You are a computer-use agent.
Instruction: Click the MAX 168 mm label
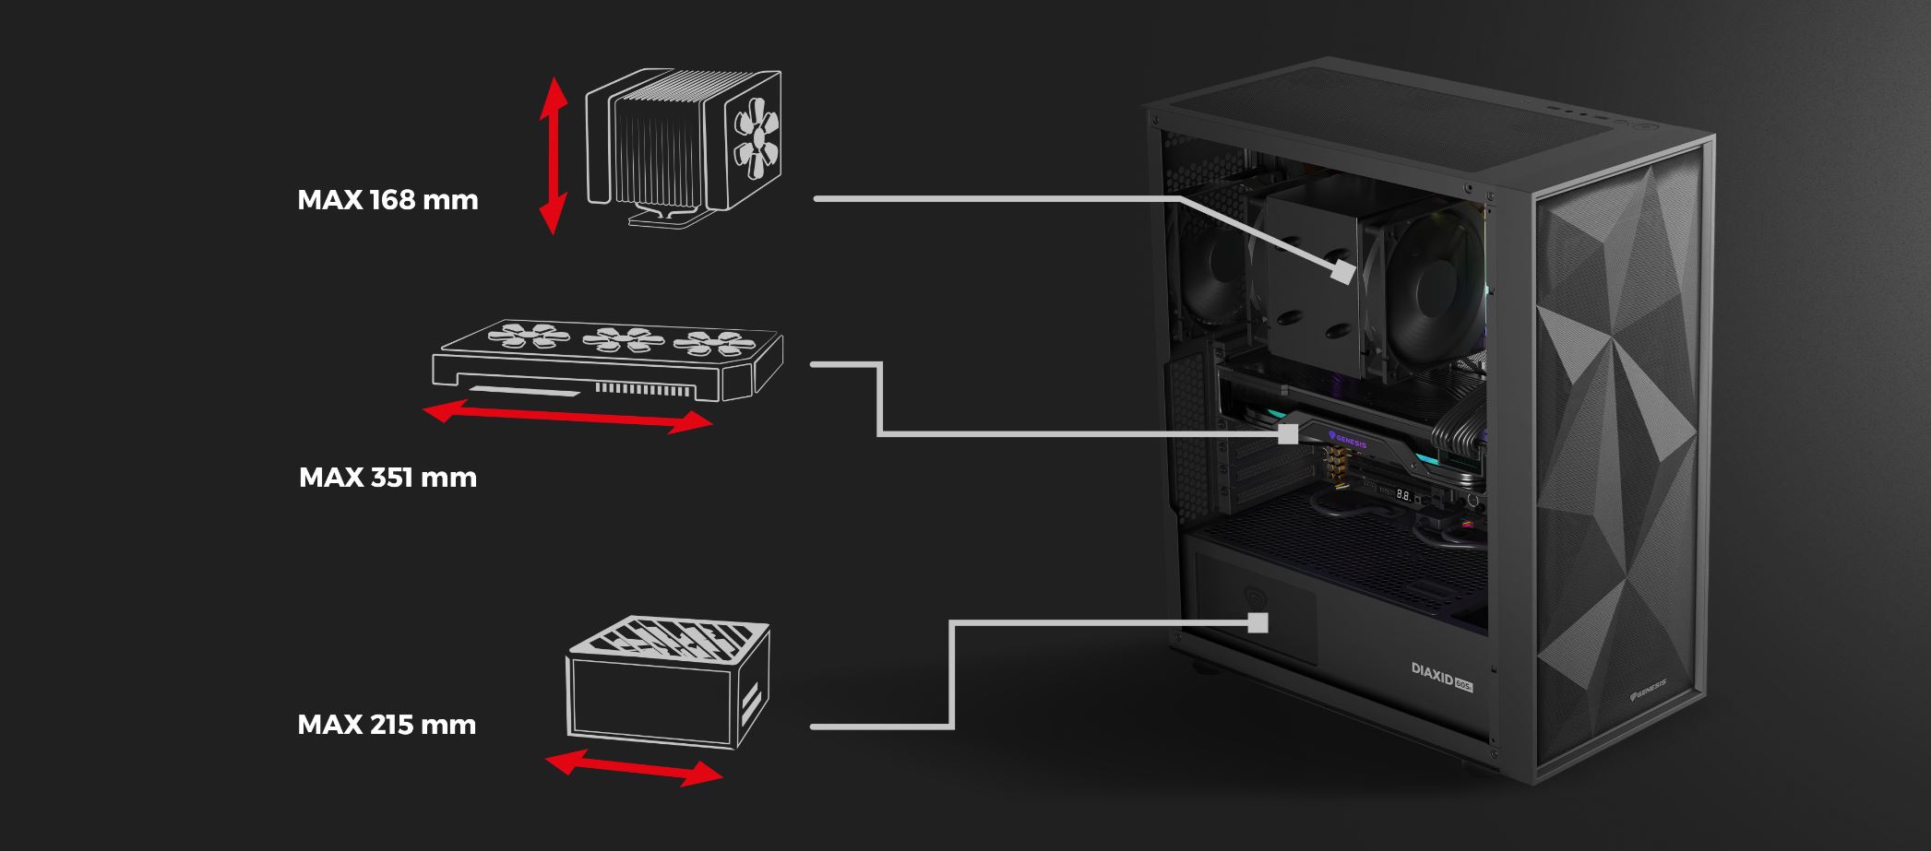(387, 200)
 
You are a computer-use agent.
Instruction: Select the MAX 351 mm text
(387, 478)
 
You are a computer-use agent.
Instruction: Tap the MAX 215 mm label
(387, 725)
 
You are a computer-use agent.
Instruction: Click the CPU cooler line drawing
(684, 149)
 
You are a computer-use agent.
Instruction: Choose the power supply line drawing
(667, 682)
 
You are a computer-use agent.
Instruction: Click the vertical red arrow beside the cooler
(553, 155)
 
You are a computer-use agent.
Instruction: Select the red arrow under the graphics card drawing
(567, 416)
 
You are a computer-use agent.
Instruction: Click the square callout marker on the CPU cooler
(1343, 273)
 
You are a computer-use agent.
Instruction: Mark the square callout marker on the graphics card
(1288, 434)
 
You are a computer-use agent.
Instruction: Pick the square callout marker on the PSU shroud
(1258, 623)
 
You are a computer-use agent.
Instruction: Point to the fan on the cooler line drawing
(757, 140)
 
